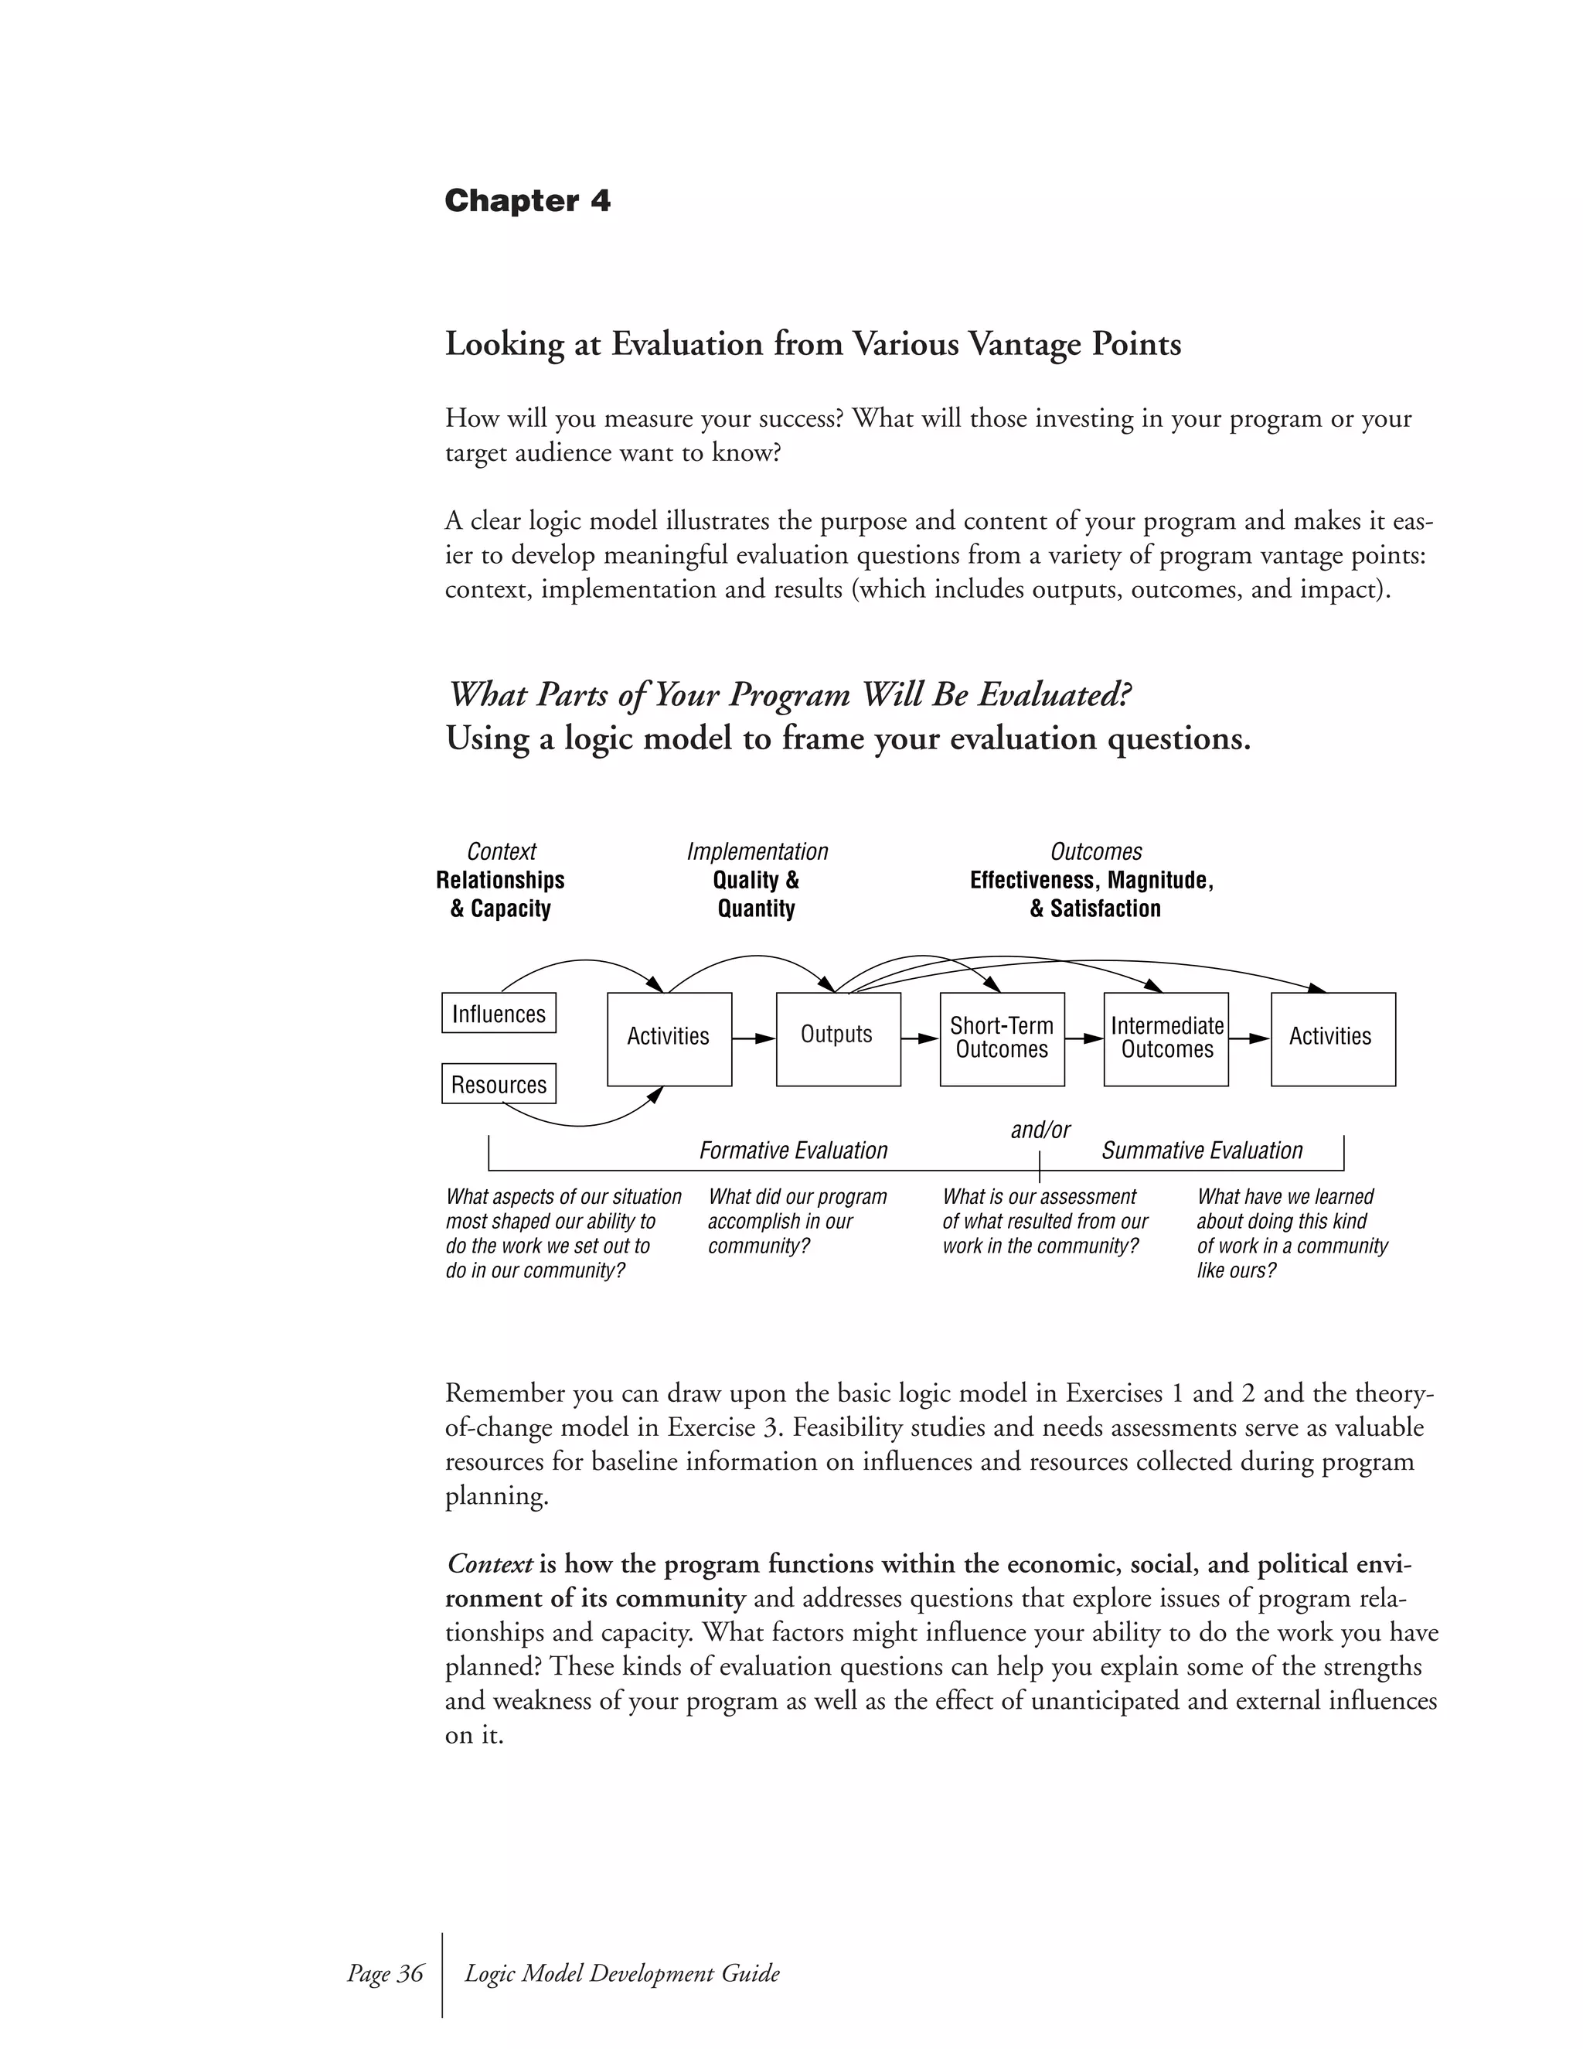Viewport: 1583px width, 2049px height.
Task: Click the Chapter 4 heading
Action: pyautogui.click(x=527, y=201)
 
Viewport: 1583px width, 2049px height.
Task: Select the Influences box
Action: pyautogui.click(x=498, y=1013)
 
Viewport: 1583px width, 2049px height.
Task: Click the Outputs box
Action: pyautogui.click(x=837, y=1038)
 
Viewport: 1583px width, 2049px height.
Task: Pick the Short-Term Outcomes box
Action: pyautogui.click(x=1002, y=1038)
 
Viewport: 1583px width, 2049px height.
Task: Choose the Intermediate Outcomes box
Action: pyautogui.click(x=1166, y=1038)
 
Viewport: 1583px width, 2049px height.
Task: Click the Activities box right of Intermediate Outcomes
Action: pyautogui.click(x=1333, y=1038)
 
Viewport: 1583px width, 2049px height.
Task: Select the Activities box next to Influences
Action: pyautogui.click(x=669, y=1038)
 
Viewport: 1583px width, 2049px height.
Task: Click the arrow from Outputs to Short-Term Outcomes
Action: pyautogui.click(x=920, y=1038)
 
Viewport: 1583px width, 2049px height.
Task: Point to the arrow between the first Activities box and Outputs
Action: pyautogui.click(x=754, y=1038)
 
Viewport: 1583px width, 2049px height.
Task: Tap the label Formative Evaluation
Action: pyautogui.click(x=792, y=1151)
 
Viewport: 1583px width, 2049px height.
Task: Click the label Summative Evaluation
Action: pyautogui.click(x=1201, y=1151)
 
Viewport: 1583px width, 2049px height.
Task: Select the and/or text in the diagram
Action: pyautogui.click(x=1040, y=1130)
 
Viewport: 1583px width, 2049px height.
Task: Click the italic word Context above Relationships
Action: pyautogui.click(x=502, y=852)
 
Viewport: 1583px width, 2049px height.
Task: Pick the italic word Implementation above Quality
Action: pyautogui.click(x=757, y=852)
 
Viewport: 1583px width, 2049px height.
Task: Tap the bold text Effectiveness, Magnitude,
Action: pyautogui.click(x=1091, y=880)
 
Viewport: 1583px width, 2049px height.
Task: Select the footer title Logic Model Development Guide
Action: pyautogui.click(x=621, y=1973)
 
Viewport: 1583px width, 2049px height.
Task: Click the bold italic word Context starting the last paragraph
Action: pyautogui.click(x=489, y=1564)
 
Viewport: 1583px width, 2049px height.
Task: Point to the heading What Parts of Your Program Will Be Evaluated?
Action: pyautogui.click(x=791, y=695)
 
